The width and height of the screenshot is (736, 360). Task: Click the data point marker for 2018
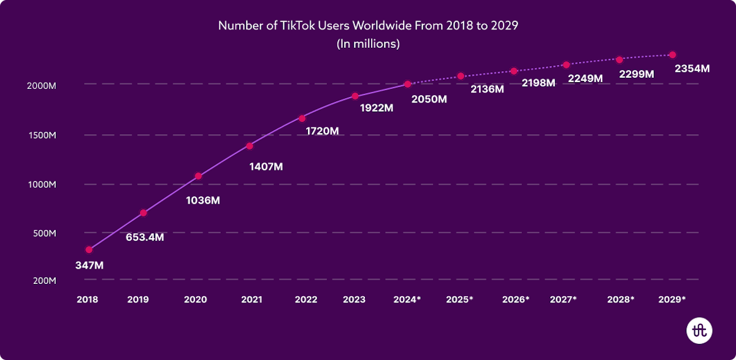point(89,250)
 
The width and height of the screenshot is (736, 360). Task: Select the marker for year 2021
point(250,146)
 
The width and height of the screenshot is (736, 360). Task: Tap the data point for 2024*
point(407,84)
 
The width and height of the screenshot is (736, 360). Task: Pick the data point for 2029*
point(672,55)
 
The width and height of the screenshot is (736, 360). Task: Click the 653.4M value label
point(145,237)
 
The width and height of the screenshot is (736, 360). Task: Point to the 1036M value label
point(202,200)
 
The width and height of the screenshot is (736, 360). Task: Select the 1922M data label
point(376,108)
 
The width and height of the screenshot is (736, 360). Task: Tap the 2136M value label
point(487,89)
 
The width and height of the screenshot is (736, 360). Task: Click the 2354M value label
point(692,69)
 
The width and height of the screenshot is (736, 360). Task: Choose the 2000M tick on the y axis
point(41,86)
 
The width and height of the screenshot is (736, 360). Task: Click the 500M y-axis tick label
point(44,234)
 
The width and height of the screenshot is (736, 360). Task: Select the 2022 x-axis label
point(306,300)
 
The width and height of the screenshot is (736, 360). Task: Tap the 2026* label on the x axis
point(515,300)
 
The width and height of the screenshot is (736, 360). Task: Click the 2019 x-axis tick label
point(139,300)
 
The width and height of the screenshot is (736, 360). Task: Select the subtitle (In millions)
point(368,44)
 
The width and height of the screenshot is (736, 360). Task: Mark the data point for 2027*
point(566,65)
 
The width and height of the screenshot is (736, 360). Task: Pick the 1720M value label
point(323,131)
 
